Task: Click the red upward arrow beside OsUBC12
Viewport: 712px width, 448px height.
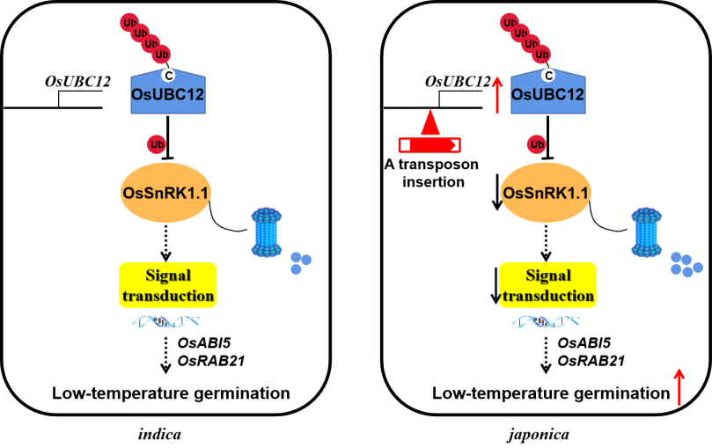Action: click(497, 94)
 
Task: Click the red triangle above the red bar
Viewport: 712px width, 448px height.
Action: click(429, 122)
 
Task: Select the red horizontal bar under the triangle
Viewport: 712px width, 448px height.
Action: click(429, 144)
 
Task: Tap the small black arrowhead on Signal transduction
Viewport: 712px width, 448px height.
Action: click(495, 299)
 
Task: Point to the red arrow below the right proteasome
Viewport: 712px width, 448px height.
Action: click(679, 386)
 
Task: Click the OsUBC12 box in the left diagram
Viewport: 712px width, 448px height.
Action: click(168, 93)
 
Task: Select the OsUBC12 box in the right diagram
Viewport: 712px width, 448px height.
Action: click(548, 93)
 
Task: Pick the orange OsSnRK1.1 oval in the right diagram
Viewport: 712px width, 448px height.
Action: click(547, 193)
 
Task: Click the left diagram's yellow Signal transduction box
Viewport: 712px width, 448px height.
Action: click(167, 285)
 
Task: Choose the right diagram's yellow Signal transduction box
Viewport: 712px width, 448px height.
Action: click(547, 285)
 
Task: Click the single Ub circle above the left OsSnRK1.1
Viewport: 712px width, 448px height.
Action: click(157, 144)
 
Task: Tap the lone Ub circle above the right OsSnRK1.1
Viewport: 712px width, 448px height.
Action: click(537, 144)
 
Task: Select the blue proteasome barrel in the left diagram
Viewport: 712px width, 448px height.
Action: click(268, 232)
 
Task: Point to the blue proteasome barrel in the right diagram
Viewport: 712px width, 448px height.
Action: click(648, 232)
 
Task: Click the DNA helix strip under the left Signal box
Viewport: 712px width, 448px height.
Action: click(166, 322)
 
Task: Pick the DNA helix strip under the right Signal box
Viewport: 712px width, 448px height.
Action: click(547, 322)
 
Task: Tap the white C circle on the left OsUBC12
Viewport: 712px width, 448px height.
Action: click(169, 75)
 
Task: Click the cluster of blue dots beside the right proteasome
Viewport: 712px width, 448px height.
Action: click(686, 264)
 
